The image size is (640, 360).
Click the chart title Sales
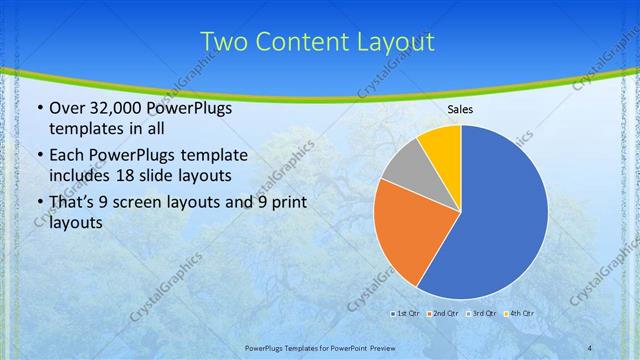coord(460,109)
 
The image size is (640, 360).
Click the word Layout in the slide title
coord(398,42)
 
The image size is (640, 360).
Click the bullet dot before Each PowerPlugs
coord(39,155)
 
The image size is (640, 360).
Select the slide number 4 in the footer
coord(590,346)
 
